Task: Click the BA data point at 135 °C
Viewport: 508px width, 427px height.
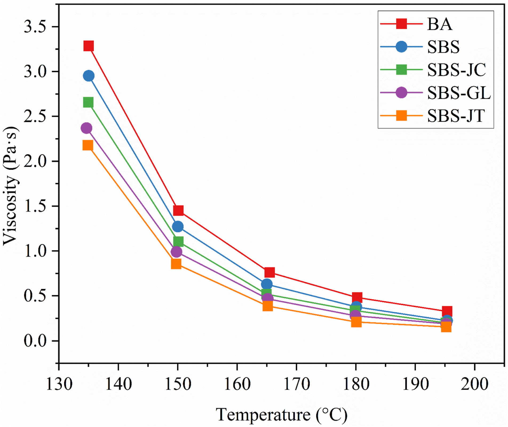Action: (x=89, y=46)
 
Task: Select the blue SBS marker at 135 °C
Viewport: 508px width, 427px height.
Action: (x=89, y=76)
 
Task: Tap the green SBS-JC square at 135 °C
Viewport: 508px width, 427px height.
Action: (x=88, y=102)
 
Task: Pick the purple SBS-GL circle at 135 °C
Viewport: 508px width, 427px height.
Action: (x=86, y=128)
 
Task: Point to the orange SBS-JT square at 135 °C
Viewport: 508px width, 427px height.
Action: (x=88, y=145)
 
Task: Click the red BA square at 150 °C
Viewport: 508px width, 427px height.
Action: (x=178, y=211)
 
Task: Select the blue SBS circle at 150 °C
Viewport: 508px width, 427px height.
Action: (x=178, y=227)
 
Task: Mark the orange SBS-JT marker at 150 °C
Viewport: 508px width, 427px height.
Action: (x=176, y=264)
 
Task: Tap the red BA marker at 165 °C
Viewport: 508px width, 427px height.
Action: (x=270, y=272)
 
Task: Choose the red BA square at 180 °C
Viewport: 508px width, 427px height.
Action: (x=357, y=297)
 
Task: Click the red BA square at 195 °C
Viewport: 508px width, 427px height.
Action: (x=447, y=311)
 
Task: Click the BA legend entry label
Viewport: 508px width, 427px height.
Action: (x=440, y=24)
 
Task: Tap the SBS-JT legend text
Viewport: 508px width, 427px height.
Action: (x=456, y=116)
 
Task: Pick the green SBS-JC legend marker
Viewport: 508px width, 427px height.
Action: (x=402, y=70)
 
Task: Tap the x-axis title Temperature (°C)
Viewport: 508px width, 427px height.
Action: (x=281, y=415)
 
